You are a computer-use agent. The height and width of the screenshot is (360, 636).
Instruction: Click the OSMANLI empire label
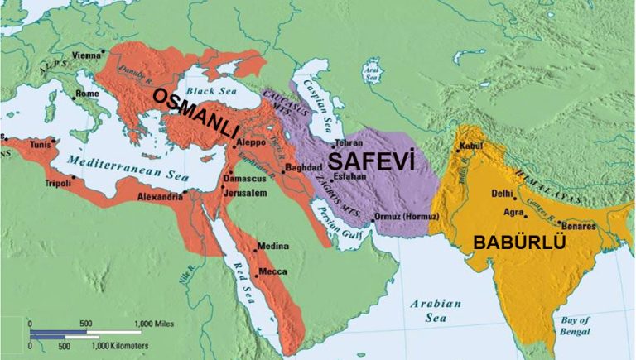point(195,110)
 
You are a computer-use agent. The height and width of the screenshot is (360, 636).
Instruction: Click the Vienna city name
point(87,55)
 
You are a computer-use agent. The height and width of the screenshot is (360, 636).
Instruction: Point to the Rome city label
point(87,94)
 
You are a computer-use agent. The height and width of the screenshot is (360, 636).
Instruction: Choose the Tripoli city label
point(59,182)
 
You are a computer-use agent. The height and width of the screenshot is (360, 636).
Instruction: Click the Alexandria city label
point(159,197)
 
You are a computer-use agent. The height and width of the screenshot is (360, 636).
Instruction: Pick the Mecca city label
point(273,271)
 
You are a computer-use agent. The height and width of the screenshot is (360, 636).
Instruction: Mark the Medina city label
point(273,246)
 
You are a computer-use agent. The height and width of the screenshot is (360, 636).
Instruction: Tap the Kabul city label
point(469,146)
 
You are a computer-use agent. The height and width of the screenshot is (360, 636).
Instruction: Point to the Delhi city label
point(500,193)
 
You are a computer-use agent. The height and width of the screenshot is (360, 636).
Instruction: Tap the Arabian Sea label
point(434,309)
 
